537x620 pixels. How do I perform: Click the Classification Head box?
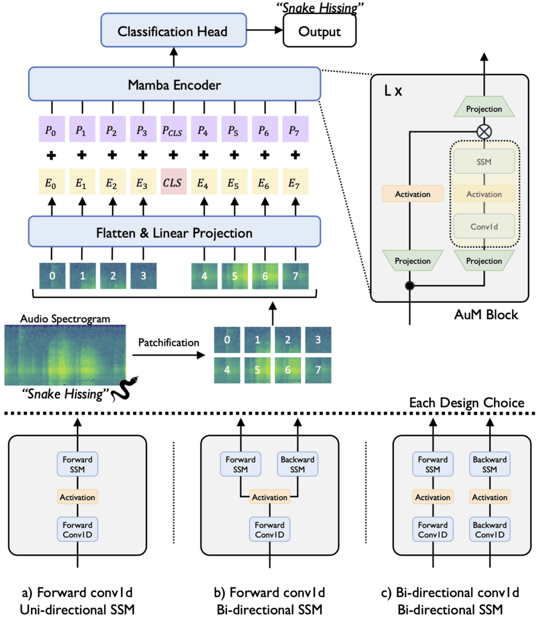tap(174, 31)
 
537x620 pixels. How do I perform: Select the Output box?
tap(320, 31)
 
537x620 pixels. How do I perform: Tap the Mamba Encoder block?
tap(174, 85)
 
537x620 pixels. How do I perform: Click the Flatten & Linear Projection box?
tap(174, 232)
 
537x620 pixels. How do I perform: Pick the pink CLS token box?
tap(173, 181)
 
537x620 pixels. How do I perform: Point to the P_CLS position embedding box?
tap(173, 130)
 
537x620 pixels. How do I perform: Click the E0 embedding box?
tap(52, 181)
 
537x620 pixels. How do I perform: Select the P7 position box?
tap(294, 130)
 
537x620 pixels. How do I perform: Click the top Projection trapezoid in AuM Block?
tap(484, 109)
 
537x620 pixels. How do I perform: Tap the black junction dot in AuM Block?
tap(411, 285)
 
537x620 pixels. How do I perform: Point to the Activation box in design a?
tap(77, 497)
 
